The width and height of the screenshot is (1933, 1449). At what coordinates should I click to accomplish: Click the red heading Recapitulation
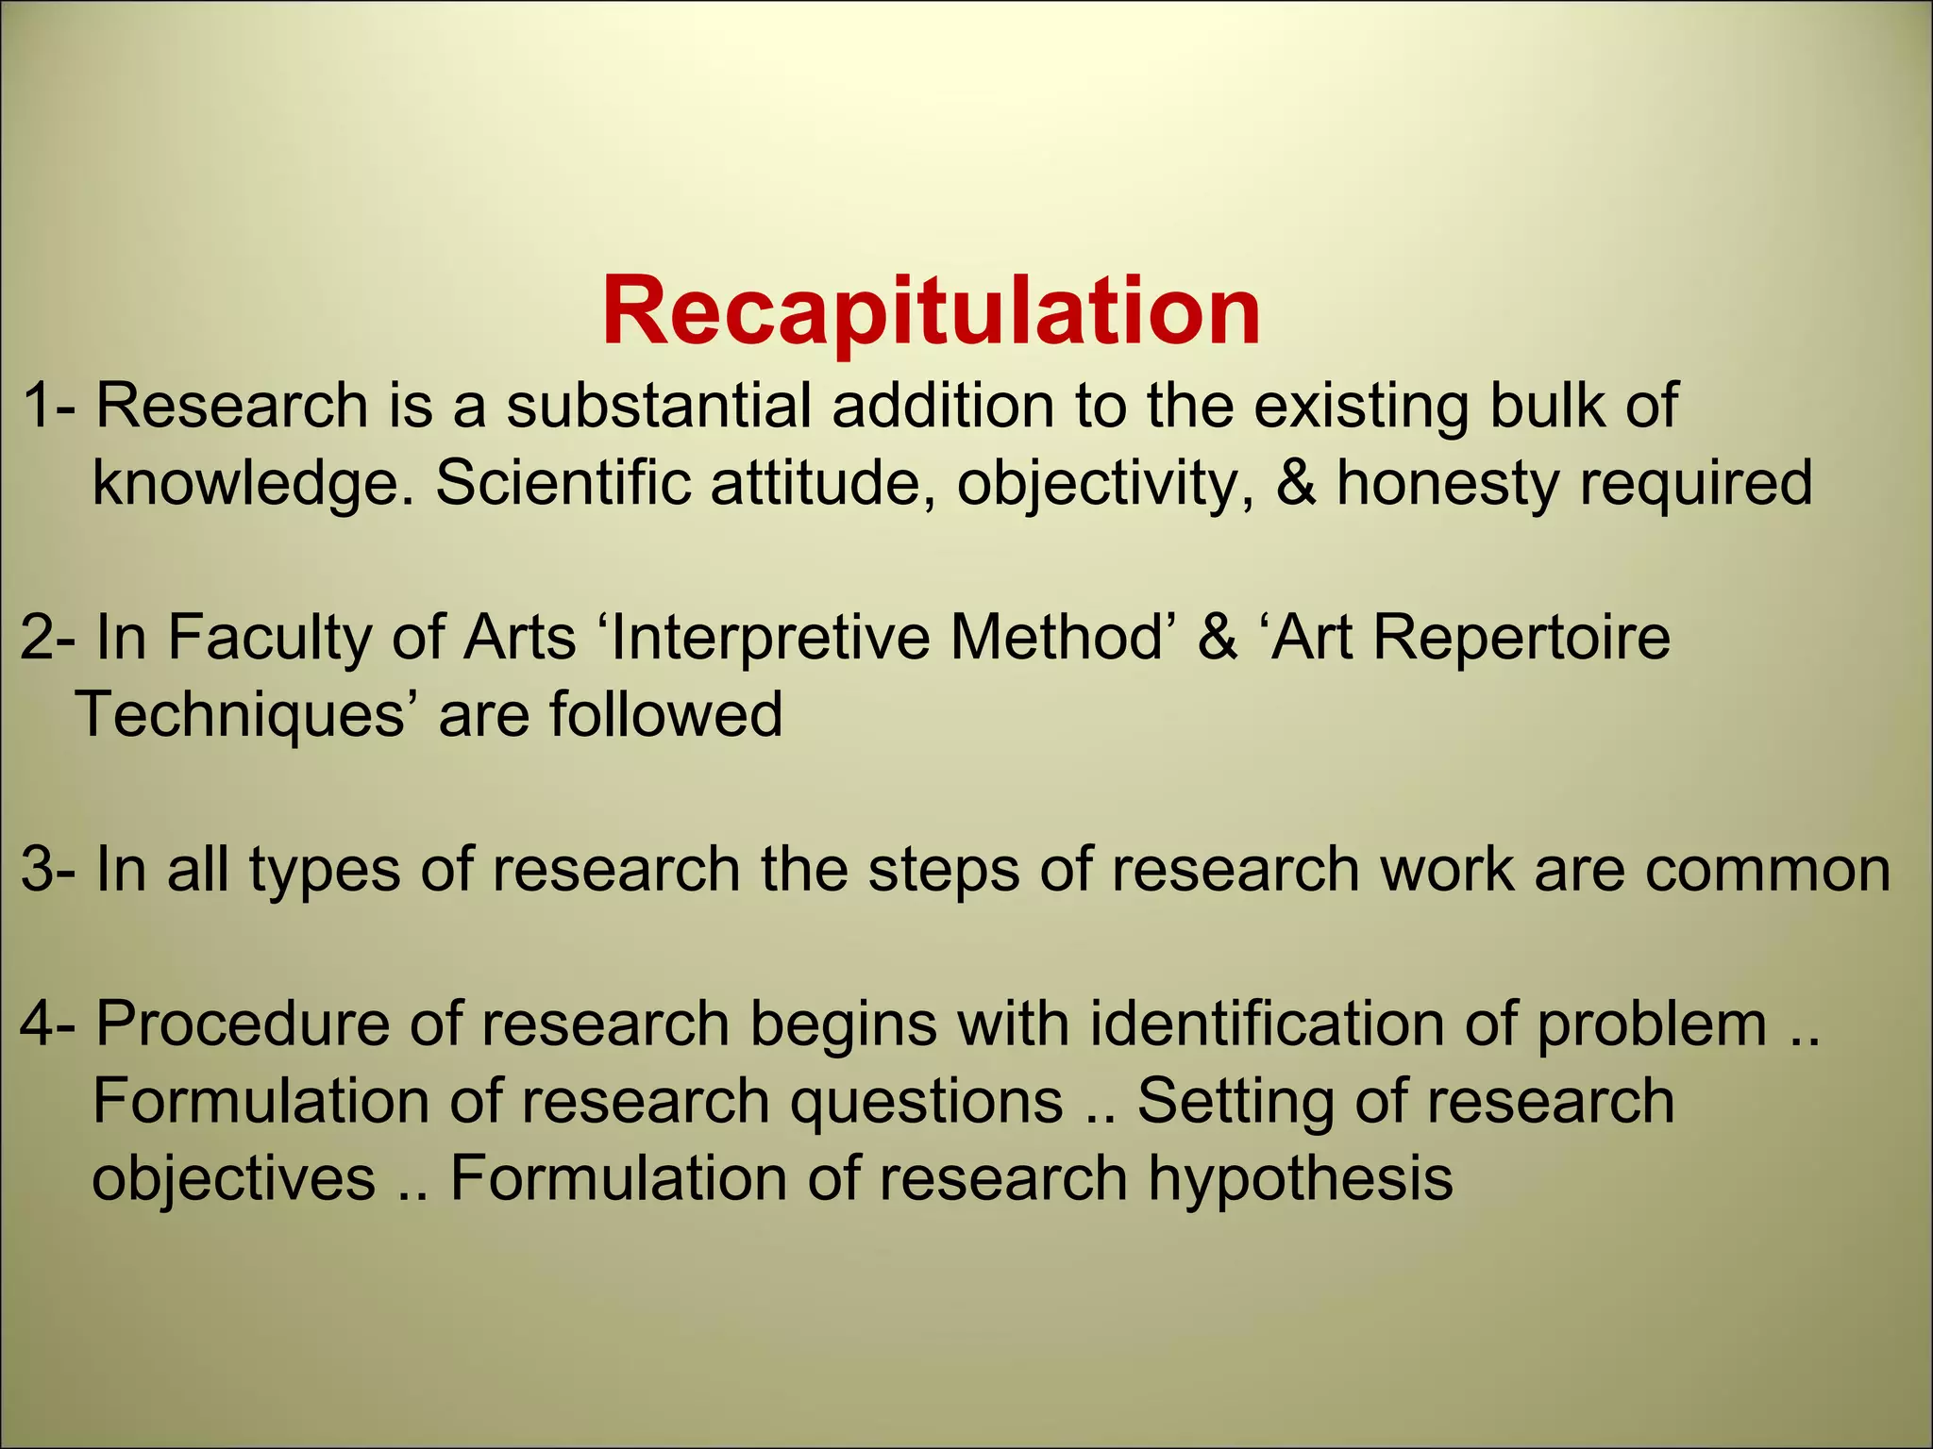[x=931, y=312]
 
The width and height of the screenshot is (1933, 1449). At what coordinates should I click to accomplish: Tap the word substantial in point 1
[x=658, y=406]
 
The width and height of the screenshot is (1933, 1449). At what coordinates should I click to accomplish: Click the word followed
[x=666, y=714]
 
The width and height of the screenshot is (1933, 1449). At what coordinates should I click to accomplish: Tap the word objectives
[x=234, y=1179]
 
